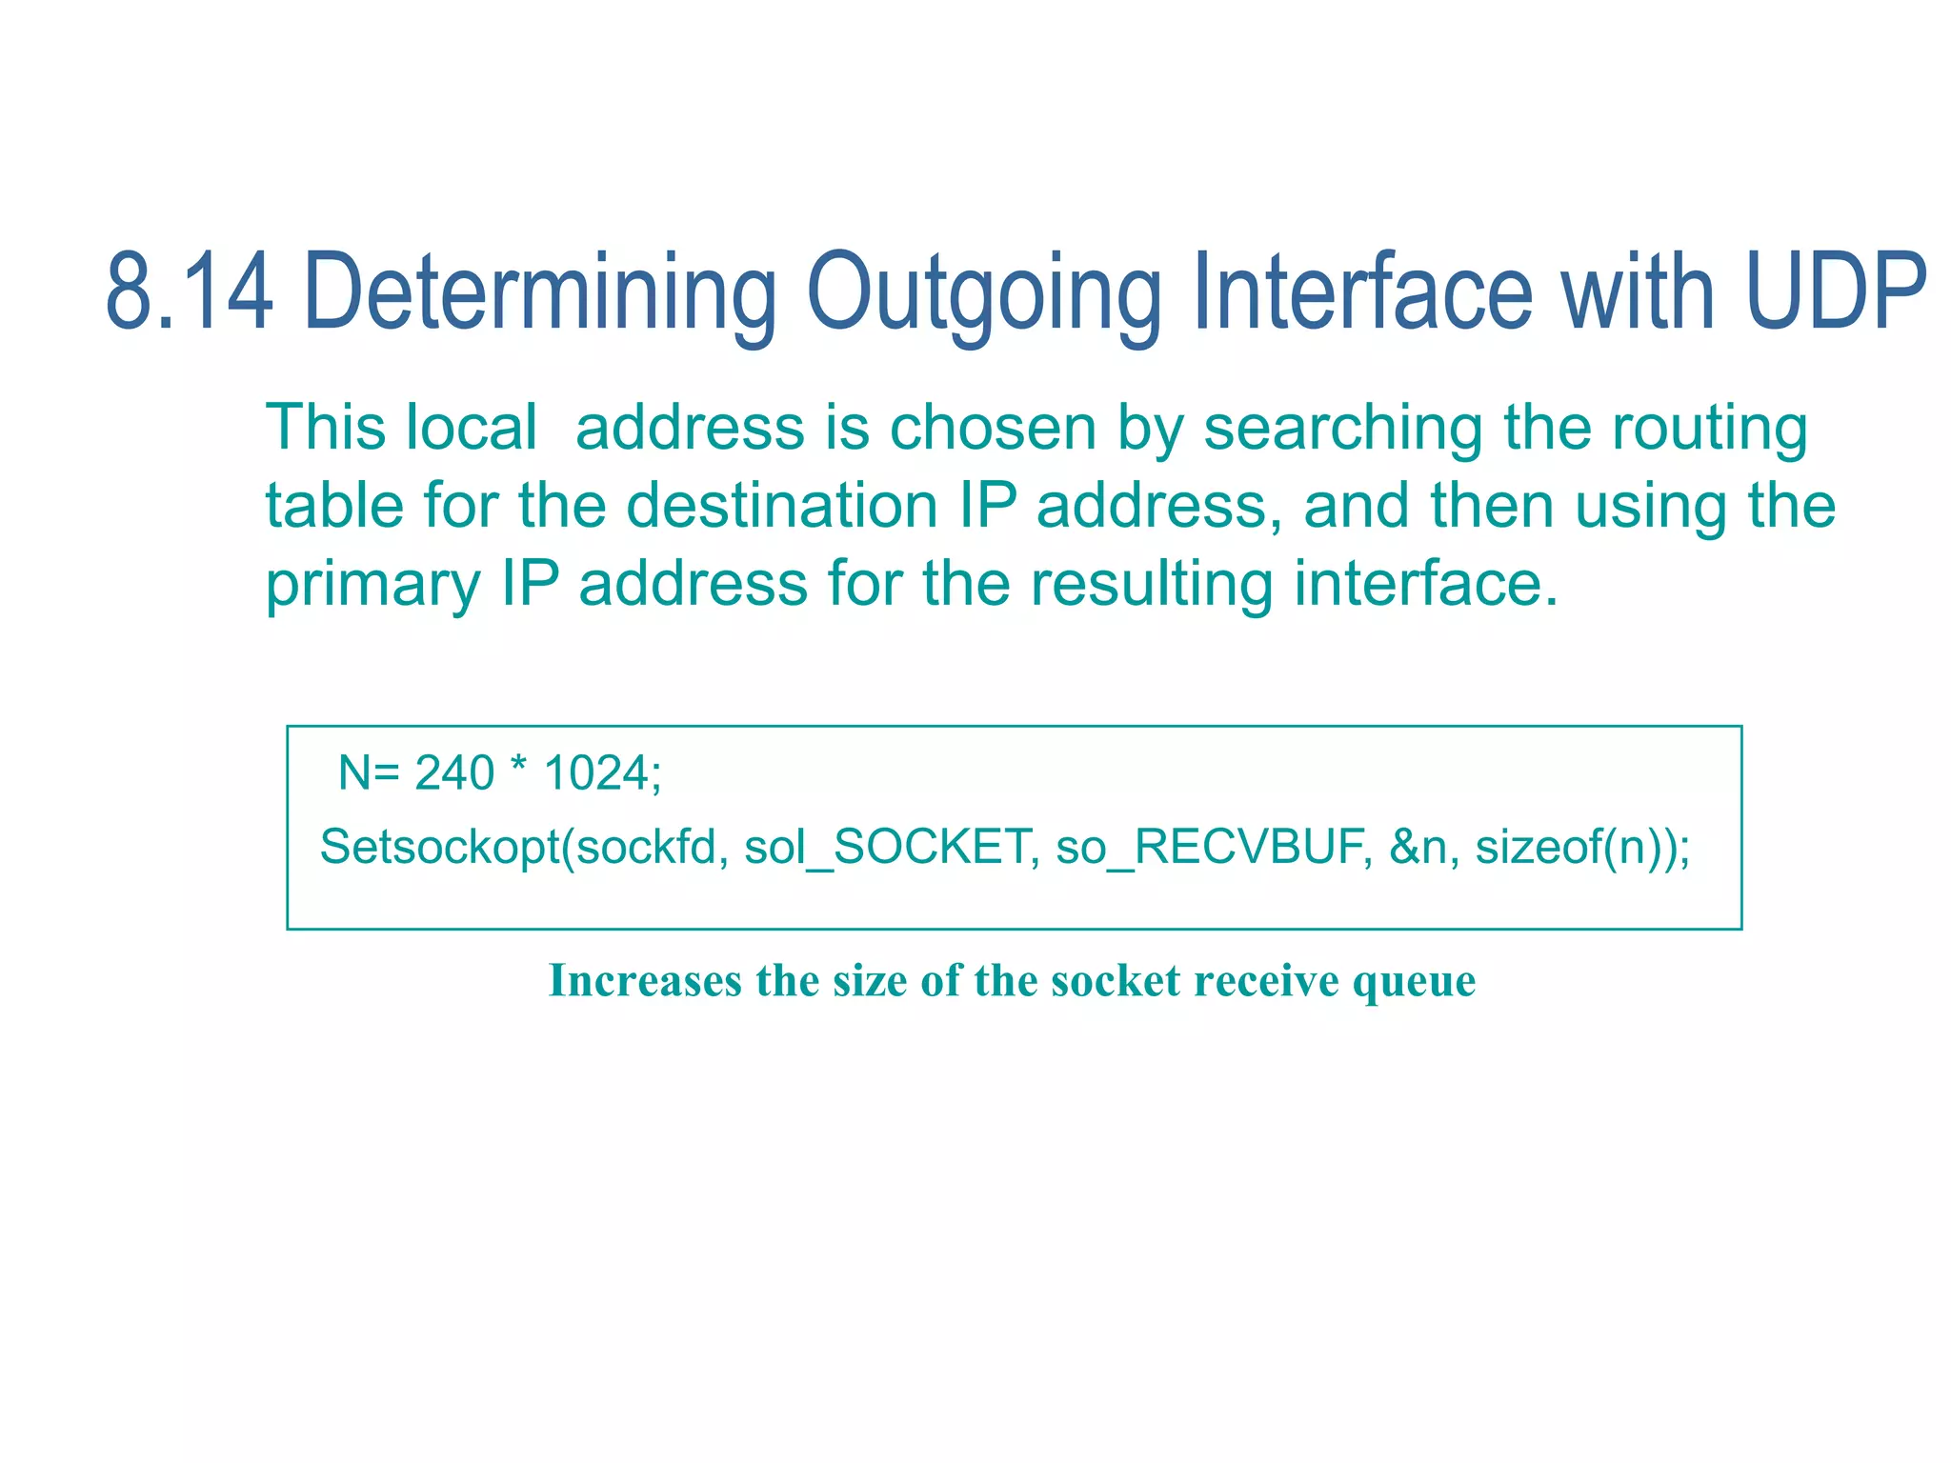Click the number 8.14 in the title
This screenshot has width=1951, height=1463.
tap(189, 291)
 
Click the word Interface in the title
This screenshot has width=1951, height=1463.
tap(1362, 291)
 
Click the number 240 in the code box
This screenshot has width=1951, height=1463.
tap(454, 772)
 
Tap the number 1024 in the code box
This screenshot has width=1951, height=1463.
tap(596, 772)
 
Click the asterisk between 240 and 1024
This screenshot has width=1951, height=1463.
tap(518, 768)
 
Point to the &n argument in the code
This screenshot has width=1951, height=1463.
tap(1418, 847)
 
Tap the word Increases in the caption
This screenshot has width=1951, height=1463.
tap(645, 981)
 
